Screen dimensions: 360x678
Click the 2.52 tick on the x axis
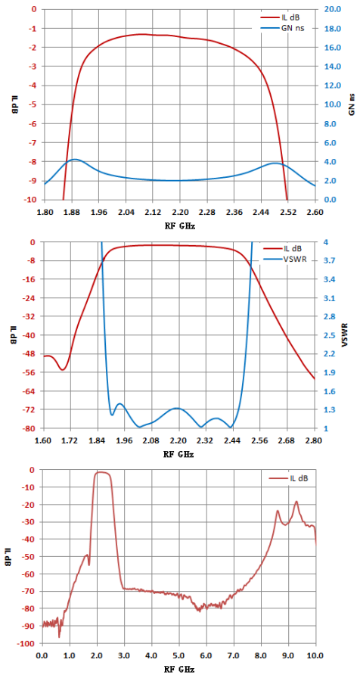click(288, 213)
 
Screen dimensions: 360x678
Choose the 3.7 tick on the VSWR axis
click(327, 261)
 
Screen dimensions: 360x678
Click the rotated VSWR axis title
click(350, 335)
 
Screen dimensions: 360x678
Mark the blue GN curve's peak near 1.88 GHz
click(75, 159)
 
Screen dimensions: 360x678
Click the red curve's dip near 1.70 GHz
click(63, 370)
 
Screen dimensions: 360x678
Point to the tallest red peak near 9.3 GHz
click(296, 502)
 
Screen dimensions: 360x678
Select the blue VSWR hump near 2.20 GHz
click(177, 408)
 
